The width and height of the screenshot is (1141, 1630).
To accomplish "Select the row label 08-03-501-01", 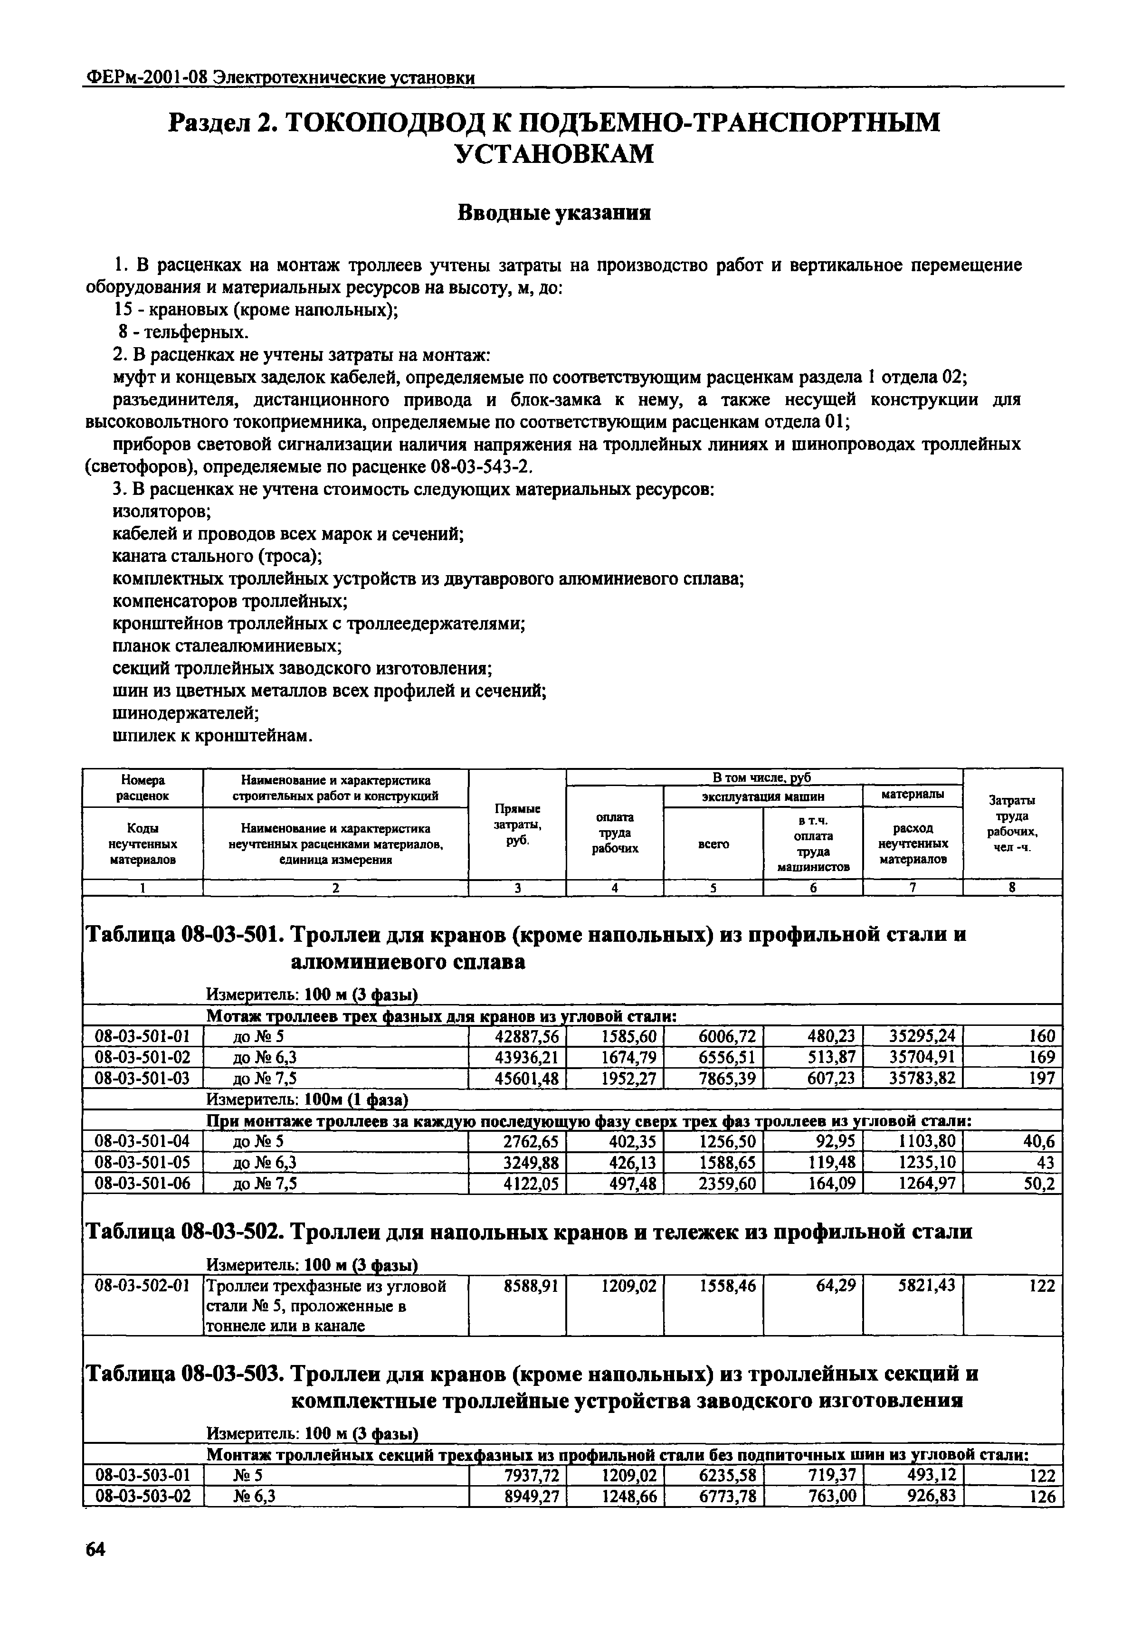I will tap(142, 1036).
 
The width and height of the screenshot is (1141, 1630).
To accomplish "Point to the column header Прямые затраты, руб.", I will tap(516, 824).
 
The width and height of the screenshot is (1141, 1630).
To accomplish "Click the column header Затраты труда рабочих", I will tap(1012, 824).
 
